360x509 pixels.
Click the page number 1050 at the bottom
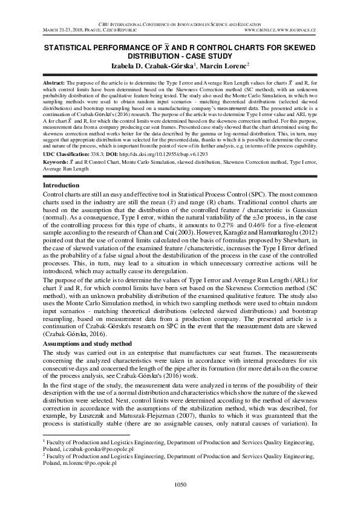pyautogui.click(x=180, y=484)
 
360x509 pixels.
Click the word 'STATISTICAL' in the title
pyautogui.click(x=67, y=46)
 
